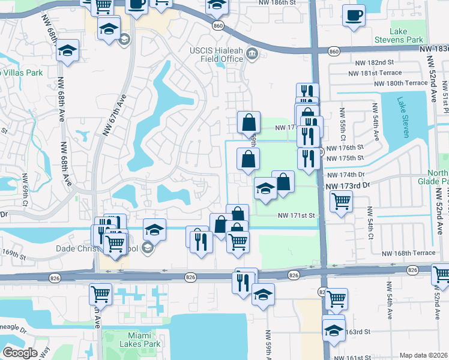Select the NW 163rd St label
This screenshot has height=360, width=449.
coord(358,331)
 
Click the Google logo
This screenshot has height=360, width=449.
coord(20,353)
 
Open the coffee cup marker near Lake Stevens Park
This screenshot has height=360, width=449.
coord(354,14)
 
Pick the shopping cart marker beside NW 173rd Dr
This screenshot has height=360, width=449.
coord(341,202)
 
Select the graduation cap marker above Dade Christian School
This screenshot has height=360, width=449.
coord(154,229)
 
